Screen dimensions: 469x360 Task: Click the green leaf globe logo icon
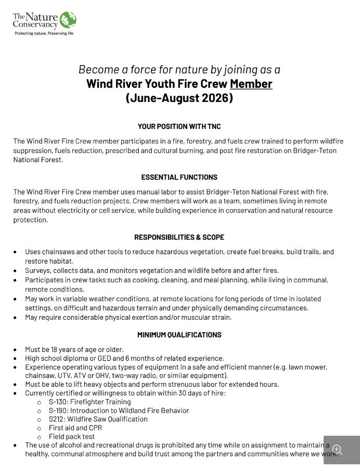(68, 20)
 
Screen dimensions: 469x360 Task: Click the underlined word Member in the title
(251, 83)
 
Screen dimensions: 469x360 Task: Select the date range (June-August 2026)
(179, 98)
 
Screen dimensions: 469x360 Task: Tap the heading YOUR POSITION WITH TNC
(179, 126)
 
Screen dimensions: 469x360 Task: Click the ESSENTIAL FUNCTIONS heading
(179, 177)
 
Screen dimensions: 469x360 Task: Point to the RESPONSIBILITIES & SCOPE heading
(179, 237)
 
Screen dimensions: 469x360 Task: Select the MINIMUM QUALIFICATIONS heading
(179, 335)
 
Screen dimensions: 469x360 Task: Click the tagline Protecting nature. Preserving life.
(44, 33)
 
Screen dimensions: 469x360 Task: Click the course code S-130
(58, 402)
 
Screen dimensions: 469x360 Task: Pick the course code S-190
(58, 411)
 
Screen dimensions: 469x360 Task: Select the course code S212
(57, 419)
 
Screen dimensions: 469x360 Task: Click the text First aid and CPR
(75, 428)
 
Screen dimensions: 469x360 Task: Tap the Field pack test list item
(72, 437)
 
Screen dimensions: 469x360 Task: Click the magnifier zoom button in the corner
(338, 450)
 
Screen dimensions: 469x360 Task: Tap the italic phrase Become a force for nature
(143, 69)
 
